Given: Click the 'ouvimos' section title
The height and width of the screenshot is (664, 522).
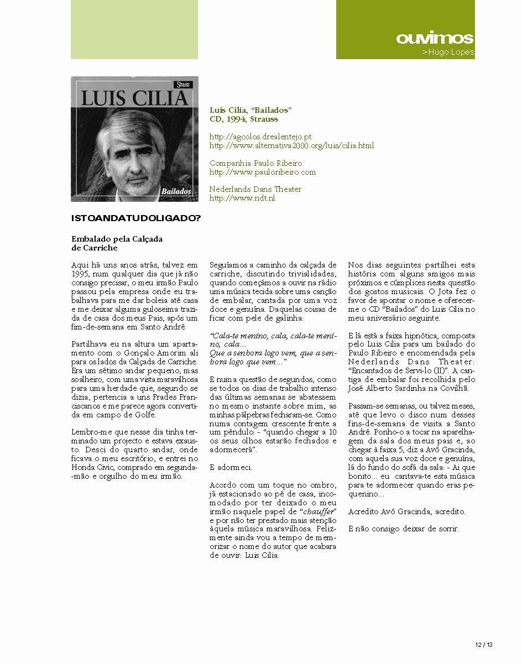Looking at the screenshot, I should pos(435,38).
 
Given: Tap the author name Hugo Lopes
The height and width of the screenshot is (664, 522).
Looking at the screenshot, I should pos(448,53).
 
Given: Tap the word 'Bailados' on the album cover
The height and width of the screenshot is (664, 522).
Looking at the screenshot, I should pos(177,191).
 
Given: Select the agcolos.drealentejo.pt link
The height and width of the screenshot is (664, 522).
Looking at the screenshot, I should pos(260,137).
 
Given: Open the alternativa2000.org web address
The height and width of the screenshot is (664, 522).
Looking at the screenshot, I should pos(291,145).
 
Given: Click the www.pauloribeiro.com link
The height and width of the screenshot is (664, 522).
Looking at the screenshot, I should pos(263,172).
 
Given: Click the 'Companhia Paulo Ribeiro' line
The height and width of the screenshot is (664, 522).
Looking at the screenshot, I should pos(256,163).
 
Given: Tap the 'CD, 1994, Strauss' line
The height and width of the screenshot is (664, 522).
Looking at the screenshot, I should pos(244,119).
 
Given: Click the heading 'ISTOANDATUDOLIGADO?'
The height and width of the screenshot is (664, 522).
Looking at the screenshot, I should pos(136,218).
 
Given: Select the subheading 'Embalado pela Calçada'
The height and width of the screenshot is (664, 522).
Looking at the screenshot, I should pos(117,239).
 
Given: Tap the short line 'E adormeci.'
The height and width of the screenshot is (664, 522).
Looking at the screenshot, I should pos(231,467).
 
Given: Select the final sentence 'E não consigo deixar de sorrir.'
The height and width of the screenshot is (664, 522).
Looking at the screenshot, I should pos(404,529).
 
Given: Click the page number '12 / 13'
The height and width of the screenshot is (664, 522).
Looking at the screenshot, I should pos(483,645).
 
